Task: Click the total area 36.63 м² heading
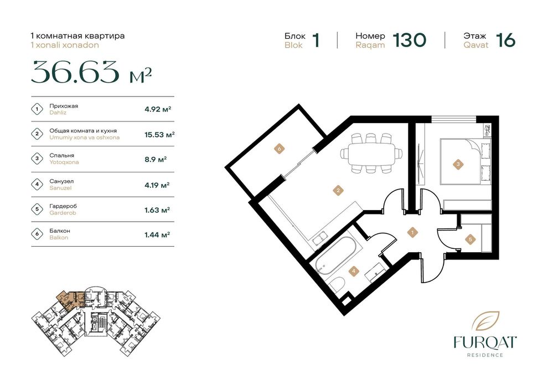tap(91, 73)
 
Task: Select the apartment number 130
tap(410, 40)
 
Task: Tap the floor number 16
tap(506, 40)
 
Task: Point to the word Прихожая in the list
tap(64, 106)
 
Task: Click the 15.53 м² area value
tap(160, 134)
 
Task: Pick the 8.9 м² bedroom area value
tap(156, 159)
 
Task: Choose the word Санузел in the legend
tap(61, 181)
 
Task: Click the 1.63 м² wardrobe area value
tap(157, 210)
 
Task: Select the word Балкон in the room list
tap(60, 231)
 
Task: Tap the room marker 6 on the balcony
tap(279, 149)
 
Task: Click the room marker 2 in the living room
tap(338, 191)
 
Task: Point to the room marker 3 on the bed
tap(458, 164)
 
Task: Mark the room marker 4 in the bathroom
tap(354, 270)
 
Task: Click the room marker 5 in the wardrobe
tap(471, 239)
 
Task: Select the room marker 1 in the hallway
tap(413, 232)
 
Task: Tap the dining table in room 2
tap(371, 153)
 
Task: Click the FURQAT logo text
tap(485, 342)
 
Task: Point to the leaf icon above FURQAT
tap(485, 321)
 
